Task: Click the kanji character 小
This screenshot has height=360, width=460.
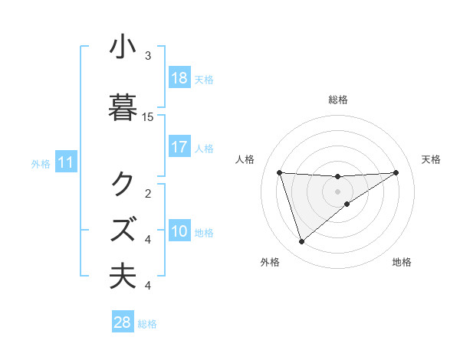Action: [x=123, y=47]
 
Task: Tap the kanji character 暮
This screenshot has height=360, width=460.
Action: [x=123, y=107]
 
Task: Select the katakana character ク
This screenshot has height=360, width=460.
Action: [x=123, y=184]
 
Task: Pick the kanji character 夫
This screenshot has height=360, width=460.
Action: [x=123, y=277]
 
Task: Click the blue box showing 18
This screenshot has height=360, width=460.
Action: [x=179, y=78]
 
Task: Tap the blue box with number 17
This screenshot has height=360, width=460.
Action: [x=179, y=147]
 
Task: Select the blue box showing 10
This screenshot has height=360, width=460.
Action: [x=179, y=231]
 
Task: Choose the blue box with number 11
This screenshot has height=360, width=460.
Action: [x=66, y=162]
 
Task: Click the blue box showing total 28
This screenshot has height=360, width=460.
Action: [x=123, y=322]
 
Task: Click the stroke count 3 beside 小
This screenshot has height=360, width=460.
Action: [x=148, y=56]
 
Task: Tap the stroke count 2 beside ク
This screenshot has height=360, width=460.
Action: [x=148, y=193]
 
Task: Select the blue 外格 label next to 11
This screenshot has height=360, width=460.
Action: [x=41, y=163]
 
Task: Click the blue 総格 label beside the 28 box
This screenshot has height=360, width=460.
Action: [x=148, y=324]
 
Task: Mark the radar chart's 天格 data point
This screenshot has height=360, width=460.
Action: [x=396, y=172]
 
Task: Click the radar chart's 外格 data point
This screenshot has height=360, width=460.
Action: [x=301, y=242]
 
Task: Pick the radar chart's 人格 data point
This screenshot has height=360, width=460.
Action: [x=280, y=172]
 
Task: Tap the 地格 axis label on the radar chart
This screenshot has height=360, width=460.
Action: [x=402, y=263]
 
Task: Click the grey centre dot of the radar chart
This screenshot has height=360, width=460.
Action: [x=337, y=191]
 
